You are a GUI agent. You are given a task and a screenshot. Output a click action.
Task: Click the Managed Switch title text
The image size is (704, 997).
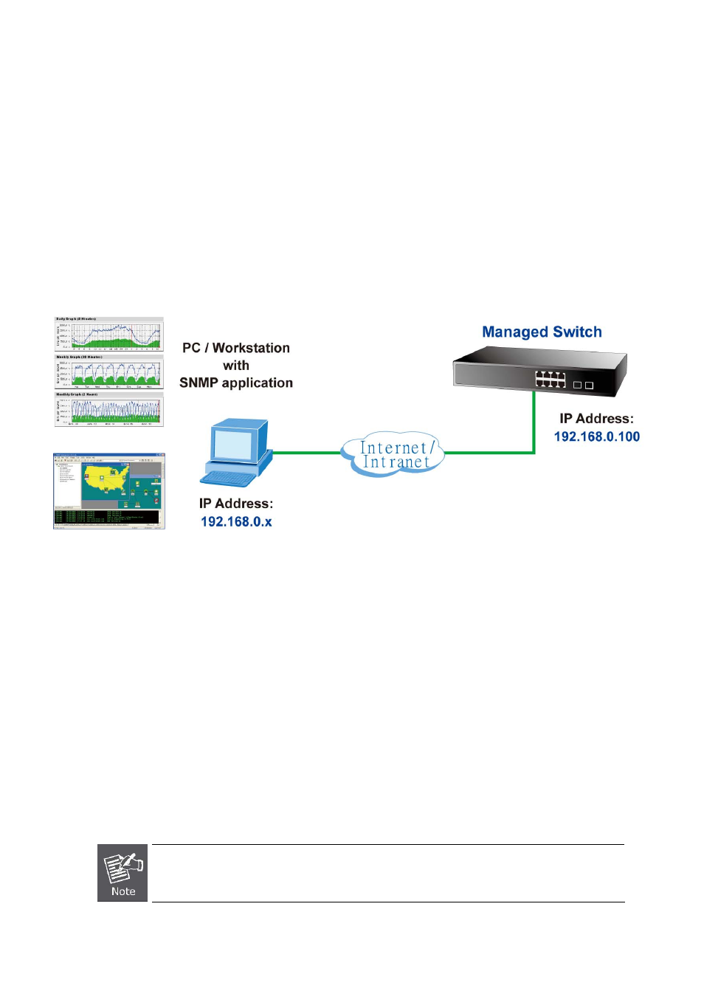542,332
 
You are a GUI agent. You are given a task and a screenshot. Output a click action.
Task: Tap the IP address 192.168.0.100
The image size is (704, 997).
596,436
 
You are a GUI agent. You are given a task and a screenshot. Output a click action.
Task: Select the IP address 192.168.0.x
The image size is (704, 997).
236,521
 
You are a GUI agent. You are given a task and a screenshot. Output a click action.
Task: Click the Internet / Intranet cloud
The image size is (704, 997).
393,454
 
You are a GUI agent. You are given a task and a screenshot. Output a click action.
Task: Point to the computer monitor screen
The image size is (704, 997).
233,445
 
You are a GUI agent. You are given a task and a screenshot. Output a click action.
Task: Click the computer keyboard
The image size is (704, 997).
230,478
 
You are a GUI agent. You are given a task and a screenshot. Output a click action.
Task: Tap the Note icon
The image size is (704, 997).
122,873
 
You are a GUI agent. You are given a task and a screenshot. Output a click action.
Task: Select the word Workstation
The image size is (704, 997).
251,348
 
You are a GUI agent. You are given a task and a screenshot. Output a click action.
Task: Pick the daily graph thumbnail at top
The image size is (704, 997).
109,334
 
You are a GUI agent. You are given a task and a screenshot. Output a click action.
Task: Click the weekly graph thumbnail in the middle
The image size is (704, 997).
109,371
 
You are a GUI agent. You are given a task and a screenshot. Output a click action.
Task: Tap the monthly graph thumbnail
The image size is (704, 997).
109,409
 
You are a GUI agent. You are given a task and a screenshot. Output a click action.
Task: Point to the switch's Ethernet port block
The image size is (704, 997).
551,379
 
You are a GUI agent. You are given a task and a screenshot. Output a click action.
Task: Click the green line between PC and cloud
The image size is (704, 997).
306,453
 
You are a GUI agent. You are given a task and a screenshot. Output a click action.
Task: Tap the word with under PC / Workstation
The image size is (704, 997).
236,366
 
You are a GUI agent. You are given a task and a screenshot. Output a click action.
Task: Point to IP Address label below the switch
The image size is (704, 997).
596,419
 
